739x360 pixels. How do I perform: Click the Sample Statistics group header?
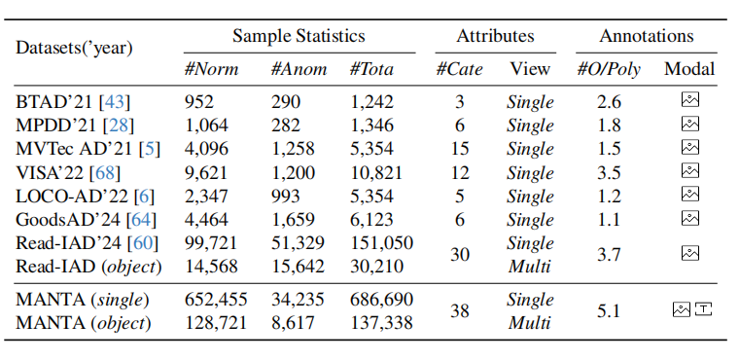(x=299, y=36)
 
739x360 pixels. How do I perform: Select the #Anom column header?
(x=299, y=69)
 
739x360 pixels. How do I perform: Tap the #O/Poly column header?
(x=609, y=70)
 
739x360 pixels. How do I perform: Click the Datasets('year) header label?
(x=74, y=48)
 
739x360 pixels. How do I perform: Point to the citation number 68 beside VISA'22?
(x=105, y=172)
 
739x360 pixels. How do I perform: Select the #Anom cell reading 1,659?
(x=293, y=220)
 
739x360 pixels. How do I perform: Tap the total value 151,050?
(x=382, y=243)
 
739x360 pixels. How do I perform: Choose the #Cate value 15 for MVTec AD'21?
(x=460, y=149)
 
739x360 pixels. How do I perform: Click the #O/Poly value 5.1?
(x=609, y=311)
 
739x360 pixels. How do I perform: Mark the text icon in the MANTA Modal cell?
(x=703, y=309)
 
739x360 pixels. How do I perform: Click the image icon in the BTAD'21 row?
(x=690, y=100)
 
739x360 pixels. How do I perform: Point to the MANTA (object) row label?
(x=84, y=323)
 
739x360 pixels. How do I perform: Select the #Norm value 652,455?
(x=216, y=300)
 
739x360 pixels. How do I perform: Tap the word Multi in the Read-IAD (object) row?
(x=530, y=267)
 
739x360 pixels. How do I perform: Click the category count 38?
(x=460, y=311)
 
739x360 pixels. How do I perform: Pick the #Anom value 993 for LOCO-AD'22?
(x=286, y=197)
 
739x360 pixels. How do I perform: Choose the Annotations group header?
(x=647, y=36)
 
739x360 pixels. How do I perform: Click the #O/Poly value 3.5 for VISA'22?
(x=609, y=172)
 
